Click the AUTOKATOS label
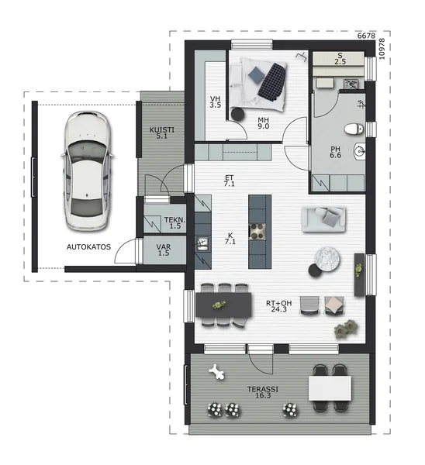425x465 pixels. (88, 246)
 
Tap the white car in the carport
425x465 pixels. (87, 170)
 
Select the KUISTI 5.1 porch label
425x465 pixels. (162, 133)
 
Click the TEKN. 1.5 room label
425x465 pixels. (174, 223)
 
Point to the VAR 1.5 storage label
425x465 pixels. (164, 250)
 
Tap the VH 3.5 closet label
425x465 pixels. (215, 102)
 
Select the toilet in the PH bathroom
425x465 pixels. (354, 129)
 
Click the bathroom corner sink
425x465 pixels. (359, 151)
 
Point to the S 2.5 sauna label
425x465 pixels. (340, 58)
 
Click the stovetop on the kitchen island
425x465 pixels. (257, 231)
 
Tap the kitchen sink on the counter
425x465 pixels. (203, 243)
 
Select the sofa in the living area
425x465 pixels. (323, 219)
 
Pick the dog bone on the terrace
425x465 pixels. (216, 372)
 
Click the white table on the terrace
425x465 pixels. (330, 388)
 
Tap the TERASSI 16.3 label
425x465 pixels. (263, 392)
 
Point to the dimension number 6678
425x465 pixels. (366, 36)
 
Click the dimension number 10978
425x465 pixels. (382, 49)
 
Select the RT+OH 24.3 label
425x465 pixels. (278, 306)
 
